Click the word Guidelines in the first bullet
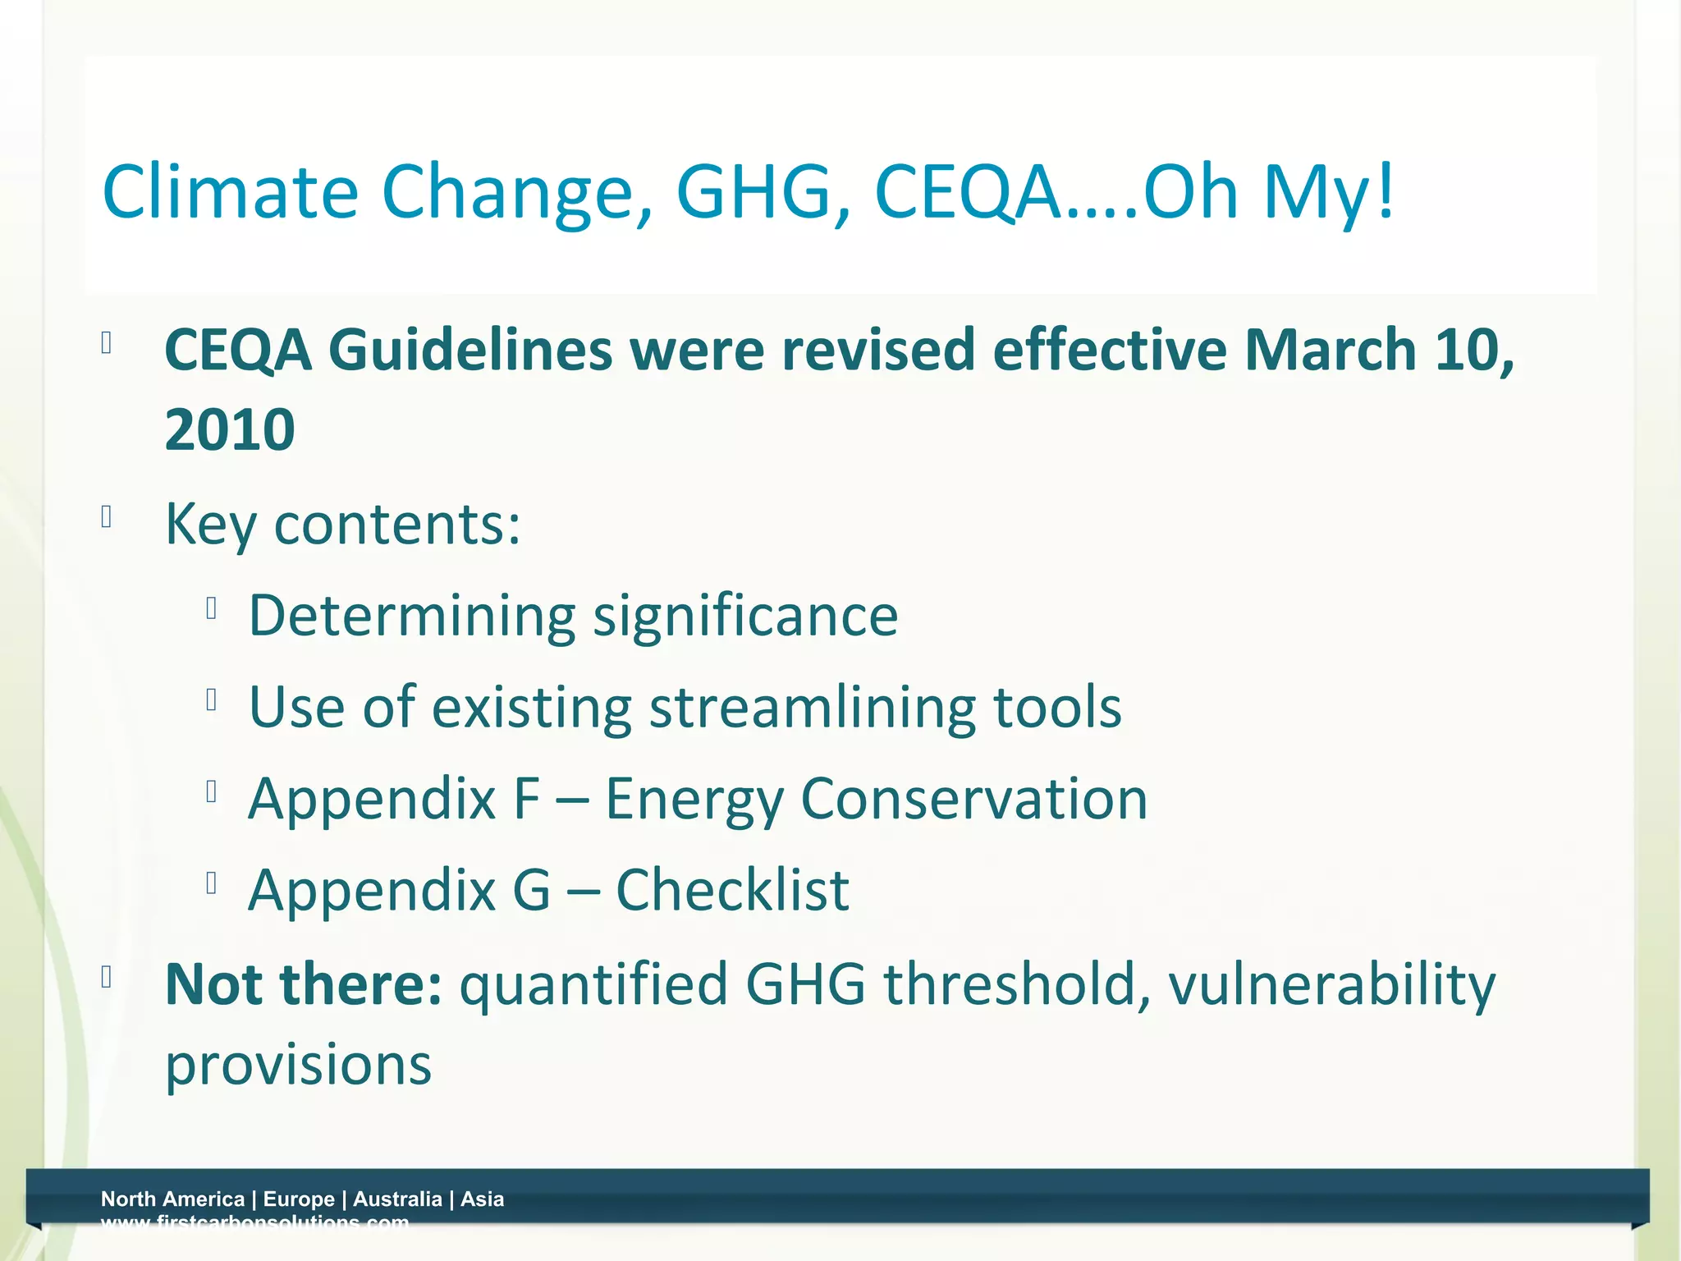click(470, 351)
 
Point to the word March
click(1330, 351)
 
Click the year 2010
click(230, 429)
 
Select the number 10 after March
click(1473, 351)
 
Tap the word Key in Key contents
click(211, 525)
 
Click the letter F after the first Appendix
click(527, 799)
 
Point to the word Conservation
click(974, 799)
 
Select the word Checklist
click(732, 890)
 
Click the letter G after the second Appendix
click(532, 890)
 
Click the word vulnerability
click(1331, 985)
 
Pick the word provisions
click(298, 1065)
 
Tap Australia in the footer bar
click(397, 1199)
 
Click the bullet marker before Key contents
click(106, 517)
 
